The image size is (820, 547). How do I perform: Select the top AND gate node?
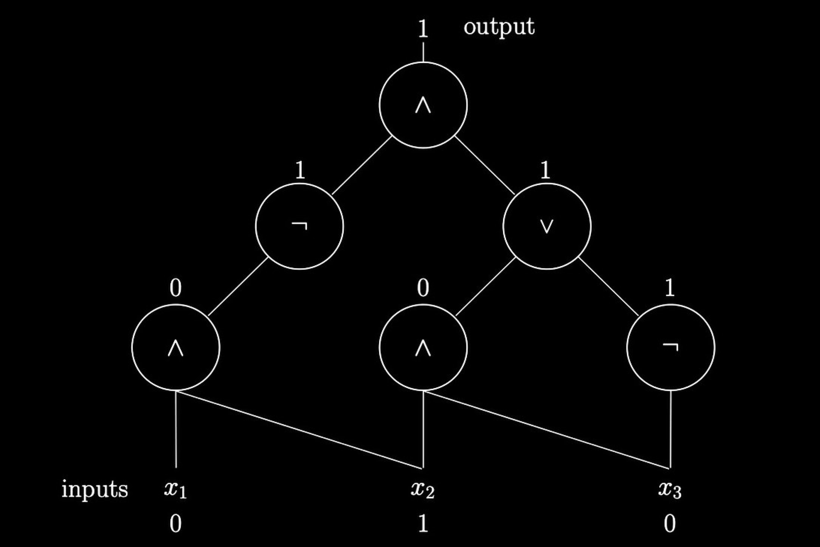[x=423, y=105]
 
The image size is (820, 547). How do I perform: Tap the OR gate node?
[x=547, y=226]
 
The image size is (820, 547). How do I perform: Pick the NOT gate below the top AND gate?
[x=299, y=226]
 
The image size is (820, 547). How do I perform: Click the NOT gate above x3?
[x=670, y=347]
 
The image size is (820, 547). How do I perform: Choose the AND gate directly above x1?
[x=176, y=347]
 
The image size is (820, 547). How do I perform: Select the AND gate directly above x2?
[x=423, y=347]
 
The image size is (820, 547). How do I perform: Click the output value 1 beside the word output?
[x=423, y=30]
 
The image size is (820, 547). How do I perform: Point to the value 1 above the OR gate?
[x=545, y=171]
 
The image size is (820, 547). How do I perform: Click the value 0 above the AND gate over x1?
[x=176, y=288]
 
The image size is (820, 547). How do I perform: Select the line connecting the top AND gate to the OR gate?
[x=485, y=165]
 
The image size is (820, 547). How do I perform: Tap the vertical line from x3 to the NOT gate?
[x=670, y=429]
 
